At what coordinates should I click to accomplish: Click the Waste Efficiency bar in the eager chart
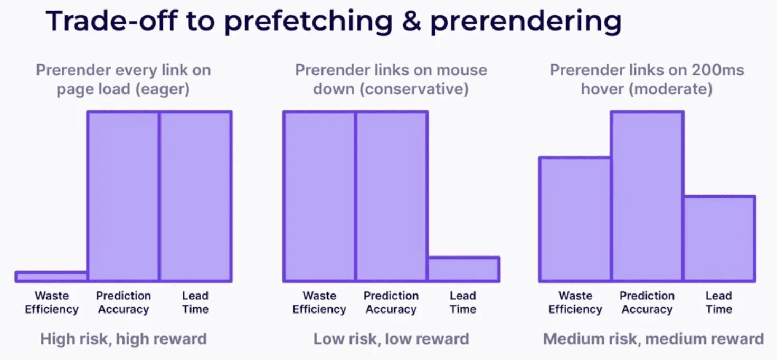[x=51, y=276]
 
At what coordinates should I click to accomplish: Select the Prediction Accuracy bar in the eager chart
[x=123, y=196]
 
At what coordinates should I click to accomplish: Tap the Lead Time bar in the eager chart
[x=195, y=196]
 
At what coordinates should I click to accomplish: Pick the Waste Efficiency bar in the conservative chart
[x=319, y=196]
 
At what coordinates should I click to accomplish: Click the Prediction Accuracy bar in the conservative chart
[x=391, y=196]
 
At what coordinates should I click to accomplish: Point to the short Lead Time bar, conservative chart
[x=463, y=269]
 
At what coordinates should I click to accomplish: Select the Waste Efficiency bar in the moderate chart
[x=575, y=219]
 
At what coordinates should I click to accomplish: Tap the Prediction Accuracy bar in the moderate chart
[x=647, y=196]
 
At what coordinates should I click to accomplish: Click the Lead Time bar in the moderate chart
[x=719, y=239]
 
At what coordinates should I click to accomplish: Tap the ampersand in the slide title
[x=412, y=22]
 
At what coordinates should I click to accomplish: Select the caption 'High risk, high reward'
[x=123, y=338]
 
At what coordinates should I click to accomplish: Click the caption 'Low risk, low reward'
[x=391, y=338]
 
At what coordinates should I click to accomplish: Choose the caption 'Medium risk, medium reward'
[x=653, y=338]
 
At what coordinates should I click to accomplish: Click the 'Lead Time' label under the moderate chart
[x=719, y=302]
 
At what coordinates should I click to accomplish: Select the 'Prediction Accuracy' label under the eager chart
[x=123, y=302]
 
